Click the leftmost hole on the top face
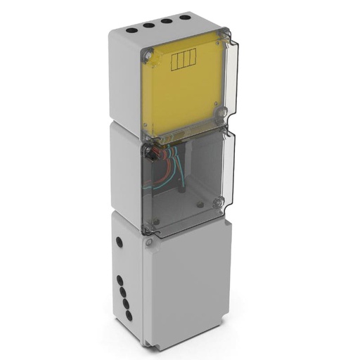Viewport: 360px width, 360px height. (x=131, y=31)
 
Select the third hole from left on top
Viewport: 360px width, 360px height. (x=167, y=21)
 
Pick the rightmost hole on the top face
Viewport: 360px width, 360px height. (x=185, y=16)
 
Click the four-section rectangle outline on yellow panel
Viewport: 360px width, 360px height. (x=181, y=61)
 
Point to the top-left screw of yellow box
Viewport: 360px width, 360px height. (x=148, y=53)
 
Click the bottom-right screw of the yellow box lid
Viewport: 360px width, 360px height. (x=222, y=112)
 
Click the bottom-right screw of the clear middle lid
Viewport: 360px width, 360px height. (x=217, y=205)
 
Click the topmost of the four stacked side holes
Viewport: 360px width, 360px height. (x=120, y=278)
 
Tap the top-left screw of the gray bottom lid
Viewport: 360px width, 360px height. (x=148, y=242)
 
